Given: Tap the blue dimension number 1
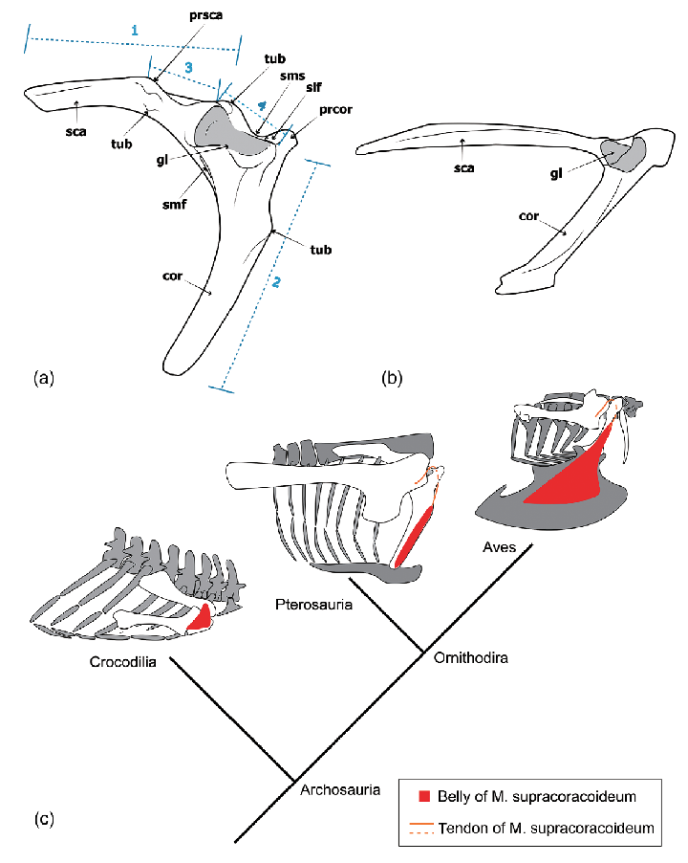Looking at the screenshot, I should coord(135,30).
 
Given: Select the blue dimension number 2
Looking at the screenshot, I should coord(277,282).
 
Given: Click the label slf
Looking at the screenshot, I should coord(314,86).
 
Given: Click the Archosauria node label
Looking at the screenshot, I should coord(340,790).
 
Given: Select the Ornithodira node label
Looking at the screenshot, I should coord(470,658).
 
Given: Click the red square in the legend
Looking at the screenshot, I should coord(424,796).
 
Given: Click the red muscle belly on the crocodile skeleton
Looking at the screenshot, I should coord(200,618).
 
